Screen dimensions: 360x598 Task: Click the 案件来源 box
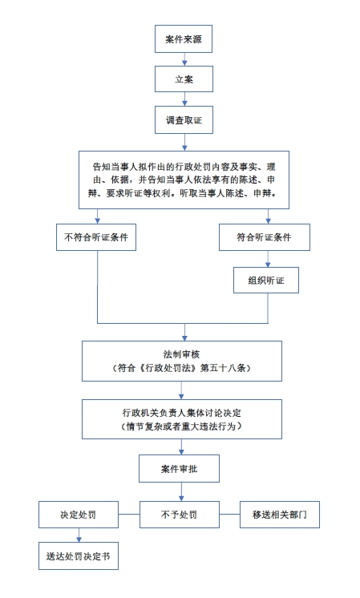184,39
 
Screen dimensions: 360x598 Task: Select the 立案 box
184,79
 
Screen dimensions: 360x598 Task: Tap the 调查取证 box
184,119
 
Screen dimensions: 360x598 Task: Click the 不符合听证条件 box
96,237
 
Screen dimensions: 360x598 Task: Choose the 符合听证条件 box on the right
265,237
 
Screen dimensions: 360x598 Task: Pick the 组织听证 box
266,280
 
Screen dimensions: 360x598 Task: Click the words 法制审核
181,354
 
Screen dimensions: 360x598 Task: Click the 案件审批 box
179,468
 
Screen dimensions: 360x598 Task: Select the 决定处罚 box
79,515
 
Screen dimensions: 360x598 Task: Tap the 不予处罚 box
180,515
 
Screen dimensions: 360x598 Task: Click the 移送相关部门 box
280,515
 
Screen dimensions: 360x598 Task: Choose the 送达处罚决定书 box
79,556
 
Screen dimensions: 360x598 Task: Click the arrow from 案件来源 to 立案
184,59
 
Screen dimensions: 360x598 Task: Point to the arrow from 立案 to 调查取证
184,99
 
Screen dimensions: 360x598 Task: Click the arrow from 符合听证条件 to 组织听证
268,259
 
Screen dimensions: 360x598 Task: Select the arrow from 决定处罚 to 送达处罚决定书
79,535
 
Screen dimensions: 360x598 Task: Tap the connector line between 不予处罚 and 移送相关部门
229,514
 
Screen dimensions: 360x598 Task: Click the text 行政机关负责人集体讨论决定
181,413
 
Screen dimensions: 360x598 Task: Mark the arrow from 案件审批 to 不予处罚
181,491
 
